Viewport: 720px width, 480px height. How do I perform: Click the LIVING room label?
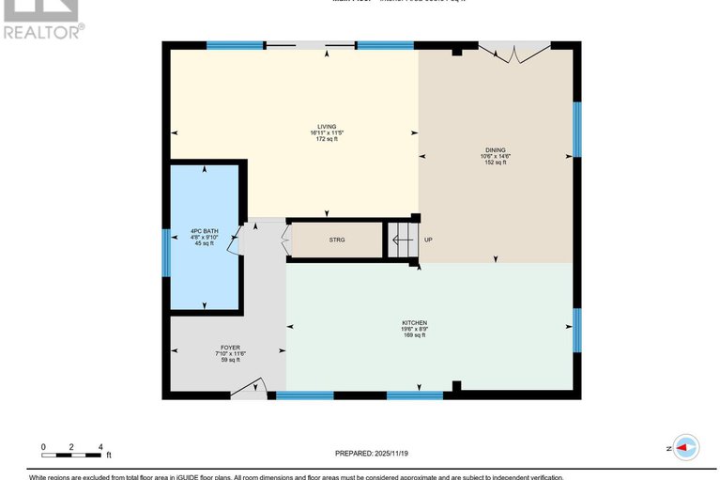point(326,126)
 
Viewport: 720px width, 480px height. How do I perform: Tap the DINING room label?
point(495,148)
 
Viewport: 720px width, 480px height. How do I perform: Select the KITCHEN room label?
point(414,323)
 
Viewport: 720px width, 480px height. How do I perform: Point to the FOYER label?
point(230,347)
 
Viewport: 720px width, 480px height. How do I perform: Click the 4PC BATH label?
point(204,230)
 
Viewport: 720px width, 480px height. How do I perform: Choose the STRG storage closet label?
point(336,240)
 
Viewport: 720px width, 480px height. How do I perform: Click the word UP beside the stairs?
point(428,240)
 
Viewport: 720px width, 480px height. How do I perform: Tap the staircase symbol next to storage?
point(402,240)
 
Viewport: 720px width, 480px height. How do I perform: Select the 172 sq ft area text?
point(326,139)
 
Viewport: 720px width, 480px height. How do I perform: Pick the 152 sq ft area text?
point(495,163)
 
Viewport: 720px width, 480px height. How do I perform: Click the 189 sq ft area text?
point(414,335)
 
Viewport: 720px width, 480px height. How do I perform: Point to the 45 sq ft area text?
point(204,243)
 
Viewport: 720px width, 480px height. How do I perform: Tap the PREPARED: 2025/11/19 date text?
point(372,453)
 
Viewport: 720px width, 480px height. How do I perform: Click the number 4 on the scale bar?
point(100,446)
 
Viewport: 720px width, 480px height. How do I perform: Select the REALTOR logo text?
point(42,31)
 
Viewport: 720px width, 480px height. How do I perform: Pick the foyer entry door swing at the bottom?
point(250,389)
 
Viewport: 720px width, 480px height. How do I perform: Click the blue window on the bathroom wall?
point(166,252)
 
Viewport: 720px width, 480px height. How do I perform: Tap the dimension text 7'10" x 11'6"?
point(230,353)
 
